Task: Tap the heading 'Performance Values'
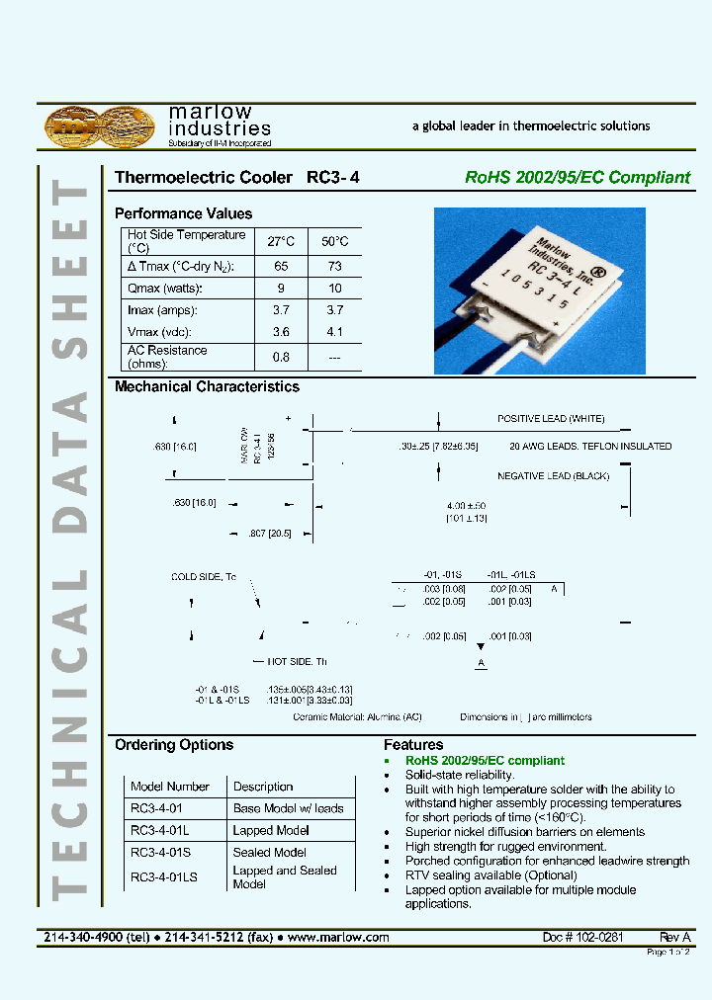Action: tap(183, 213)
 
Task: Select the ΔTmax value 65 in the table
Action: tap(281, 267)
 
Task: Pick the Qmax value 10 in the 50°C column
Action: tap(335, 289)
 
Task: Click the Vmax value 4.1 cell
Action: tap(335, 332)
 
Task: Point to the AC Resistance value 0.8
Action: tap(281, 357)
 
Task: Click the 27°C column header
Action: tap(281, 241)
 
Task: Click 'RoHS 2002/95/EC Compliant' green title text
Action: tap(578, 178)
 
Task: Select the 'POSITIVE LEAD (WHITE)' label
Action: tap(550, 419)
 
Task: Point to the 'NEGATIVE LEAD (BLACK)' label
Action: tap(553, 476)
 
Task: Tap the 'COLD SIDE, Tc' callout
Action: tap(204, 577)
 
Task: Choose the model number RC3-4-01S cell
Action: tap(163, 852)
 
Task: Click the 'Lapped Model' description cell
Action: tap(271, 830)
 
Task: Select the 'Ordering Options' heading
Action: tap(174, 745)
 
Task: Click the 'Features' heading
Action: tap(413, 745)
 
